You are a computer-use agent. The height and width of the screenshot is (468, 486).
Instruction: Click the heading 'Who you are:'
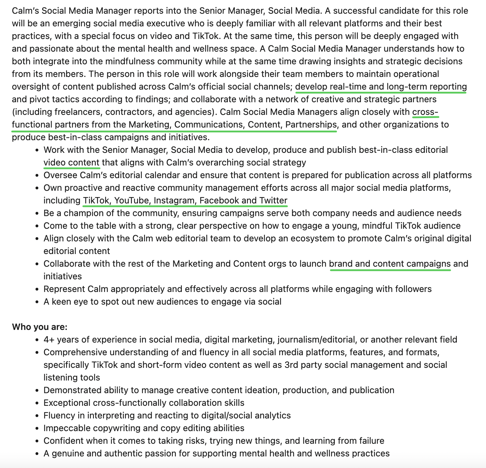click(39, 327)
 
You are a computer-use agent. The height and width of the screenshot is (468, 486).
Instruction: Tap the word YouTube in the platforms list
click(132, 201)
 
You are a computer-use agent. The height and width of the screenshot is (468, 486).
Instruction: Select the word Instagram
click(174, 201)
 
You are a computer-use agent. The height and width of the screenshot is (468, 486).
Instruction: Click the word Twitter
click(273, 201)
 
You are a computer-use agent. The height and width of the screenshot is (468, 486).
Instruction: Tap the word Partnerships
click(311, 125)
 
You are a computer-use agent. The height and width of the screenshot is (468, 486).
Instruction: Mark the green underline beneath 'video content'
click(72, 168)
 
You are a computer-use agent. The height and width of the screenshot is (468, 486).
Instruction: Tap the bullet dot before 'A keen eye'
click(37, 302)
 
